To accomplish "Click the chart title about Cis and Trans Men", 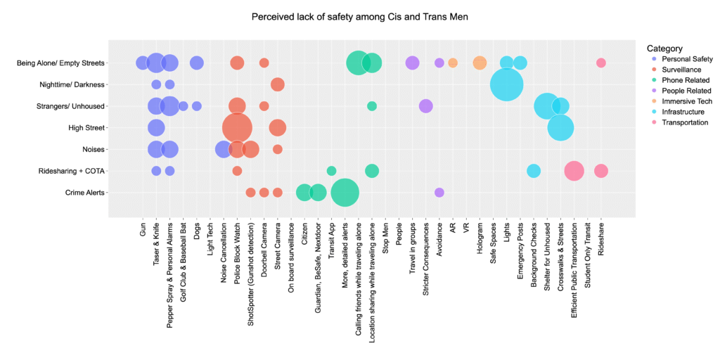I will point(359,16).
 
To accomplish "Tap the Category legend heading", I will point(664,49).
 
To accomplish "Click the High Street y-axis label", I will point(84,128).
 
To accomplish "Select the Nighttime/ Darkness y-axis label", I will point(72,84).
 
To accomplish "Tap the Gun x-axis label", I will point(143,229).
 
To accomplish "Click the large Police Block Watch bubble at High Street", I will point(237,127).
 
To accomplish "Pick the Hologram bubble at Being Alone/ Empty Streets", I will point(480,63).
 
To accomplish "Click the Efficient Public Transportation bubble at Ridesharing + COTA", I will point(574,170).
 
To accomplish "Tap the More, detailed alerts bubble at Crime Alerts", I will point(345,192).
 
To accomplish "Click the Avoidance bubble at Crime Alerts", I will point(439,192).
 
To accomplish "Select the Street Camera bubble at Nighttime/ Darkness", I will point(278,84).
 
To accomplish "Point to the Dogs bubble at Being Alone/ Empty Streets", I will point(197,63).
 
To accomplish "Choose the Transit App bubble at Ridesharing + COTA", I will point(331,171).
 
